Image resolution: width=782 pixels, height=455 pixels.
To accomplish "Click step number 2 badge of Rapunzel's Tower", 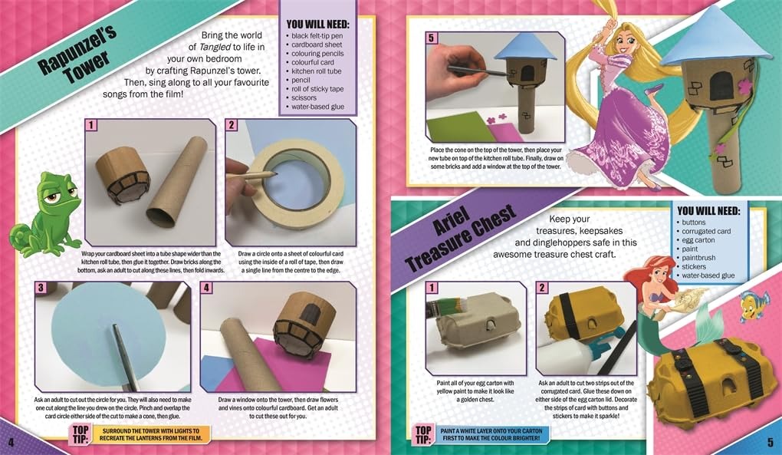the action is [x=231, y=125].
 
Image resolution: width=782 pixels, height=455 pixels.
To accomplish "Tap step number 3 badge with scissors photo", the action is [x=41, y=288].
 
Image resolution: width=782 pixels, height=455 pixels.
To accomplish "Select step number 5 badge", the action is [x=432, y=38].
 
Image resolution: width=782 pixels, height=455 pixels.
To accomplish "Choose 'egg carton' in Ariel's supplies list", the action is [x=698, y=240].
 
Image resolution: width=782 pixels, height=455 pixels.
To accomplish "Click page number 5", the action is [x=770, y=442].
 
